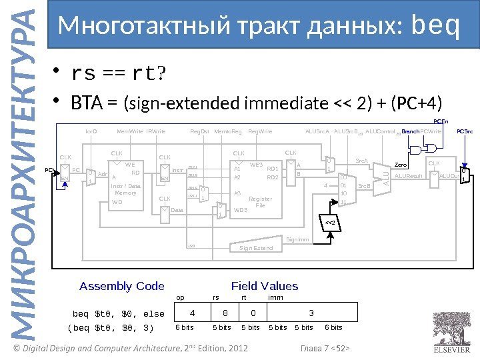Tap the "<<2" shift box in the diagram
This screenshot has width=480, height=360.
331,221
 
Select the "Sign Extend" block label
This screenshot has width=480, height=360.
256,248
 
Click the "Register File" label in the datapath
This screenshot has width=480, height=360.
260,202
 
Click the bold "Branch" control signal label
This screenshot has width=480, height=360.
410,131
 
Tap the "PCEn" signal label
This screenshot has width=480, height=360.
441,121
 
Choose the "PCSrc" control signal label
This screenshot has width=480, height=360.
465,131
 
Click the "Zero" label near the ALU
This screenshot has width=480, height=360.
401,165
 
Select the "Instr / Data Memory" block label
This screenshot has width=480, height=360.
125,189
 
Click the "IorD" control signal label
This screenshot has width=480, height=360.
91,131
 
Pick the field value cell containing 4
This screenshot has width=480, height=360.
192,312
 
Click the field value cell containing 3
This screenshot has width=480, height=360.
311,312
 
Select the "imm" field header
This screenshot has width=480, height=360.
275,297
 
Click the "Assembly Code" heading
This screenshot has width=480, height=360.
122,286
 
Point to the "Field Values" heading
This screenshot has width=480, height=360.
265,286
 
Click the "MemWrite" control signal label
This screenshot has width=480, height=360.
129,131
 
